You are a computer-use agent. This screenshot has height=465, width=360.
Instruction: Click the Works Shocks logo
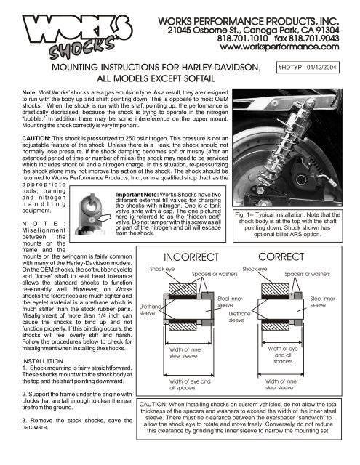77,36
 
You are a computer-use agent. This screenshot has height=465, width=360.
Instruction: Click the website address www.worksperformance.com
279,46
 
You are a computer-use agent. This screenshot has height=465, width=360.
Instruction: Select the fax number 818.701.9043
313,39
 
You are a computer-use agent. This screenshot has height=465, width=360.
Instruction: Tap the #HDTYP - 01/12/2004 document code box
307,68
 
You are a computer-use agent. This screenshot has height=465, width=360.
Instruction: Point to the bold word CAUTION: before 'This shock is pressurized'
36,139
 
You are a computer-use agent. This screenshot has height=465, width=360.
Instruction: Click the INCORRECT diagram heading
191,256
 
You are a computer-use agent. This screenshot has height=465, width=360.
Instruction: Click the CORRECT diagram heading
281,256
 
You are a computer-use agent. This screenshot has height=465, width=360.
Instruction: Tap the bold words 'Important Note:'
137,195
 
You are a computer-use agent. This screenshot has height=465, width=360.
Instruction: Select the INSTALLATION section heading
42,361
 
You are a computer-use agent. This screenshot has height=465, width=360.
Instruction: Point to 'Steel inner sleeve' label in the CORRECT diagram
322,302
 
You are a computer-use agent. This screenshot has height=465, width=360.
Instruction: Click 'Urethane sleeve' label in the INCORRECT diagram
150,310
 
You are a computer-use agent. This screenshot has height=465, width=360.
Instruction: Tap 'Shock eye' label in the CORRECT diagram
255,269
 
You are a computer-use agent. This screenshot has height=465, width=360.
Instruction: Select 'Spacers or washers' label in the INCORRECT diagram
215,274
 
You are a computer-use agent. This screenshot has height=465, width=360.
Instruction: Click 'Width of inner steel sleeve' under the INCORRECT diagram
185,353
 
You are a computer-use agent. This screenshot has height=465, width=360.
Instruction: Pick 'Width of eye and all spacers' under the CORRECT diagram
283,355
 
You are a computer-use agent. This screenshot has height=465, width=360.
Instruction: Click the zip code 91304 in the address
327,31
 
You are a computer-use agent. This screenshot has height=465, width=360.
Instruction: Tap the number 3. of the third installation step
24,421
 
